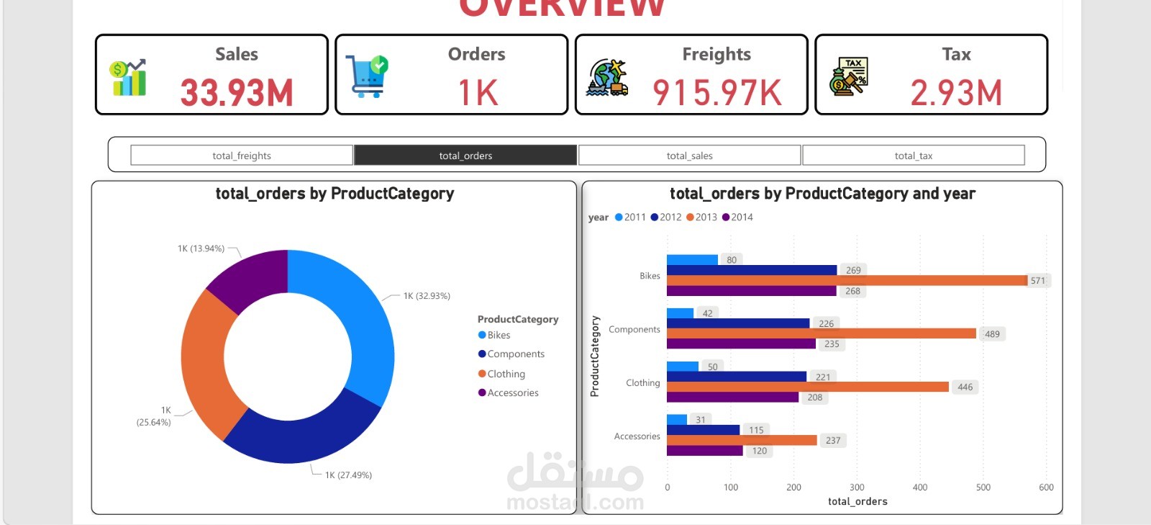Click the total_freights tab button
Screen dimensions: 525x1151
(242, 156)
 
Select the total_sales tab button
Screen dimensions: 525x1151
(689, 156)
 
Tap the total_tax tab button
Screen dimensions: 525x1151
(913, 156)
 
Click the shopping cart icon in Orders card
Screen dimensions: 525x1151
(367, 76)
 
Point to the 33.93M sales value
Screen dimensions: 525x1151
(237, 93)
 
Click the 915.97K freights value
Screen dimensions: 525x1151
(716, 93)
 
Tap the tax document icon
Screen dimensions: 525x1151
(849, 76)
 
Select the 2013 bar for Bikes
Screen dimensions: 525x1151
(847, 280)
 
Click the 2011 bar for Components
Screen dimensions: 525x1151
(680, 313)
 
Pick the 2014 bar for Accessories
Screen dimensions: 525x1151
(704, 451)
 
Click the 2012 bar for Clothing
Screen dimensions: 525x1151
(736, 377)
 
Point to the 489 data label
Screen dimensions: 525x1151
(992, 334)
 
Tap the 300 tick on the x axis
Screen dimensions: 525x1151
(857, 488)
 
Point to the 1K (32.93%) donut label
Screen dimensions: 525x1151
(427, 296)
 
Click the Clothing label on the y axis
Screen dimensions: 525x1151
(642, 383)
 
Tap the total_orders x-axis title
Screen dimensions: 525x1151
(857, 501)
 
